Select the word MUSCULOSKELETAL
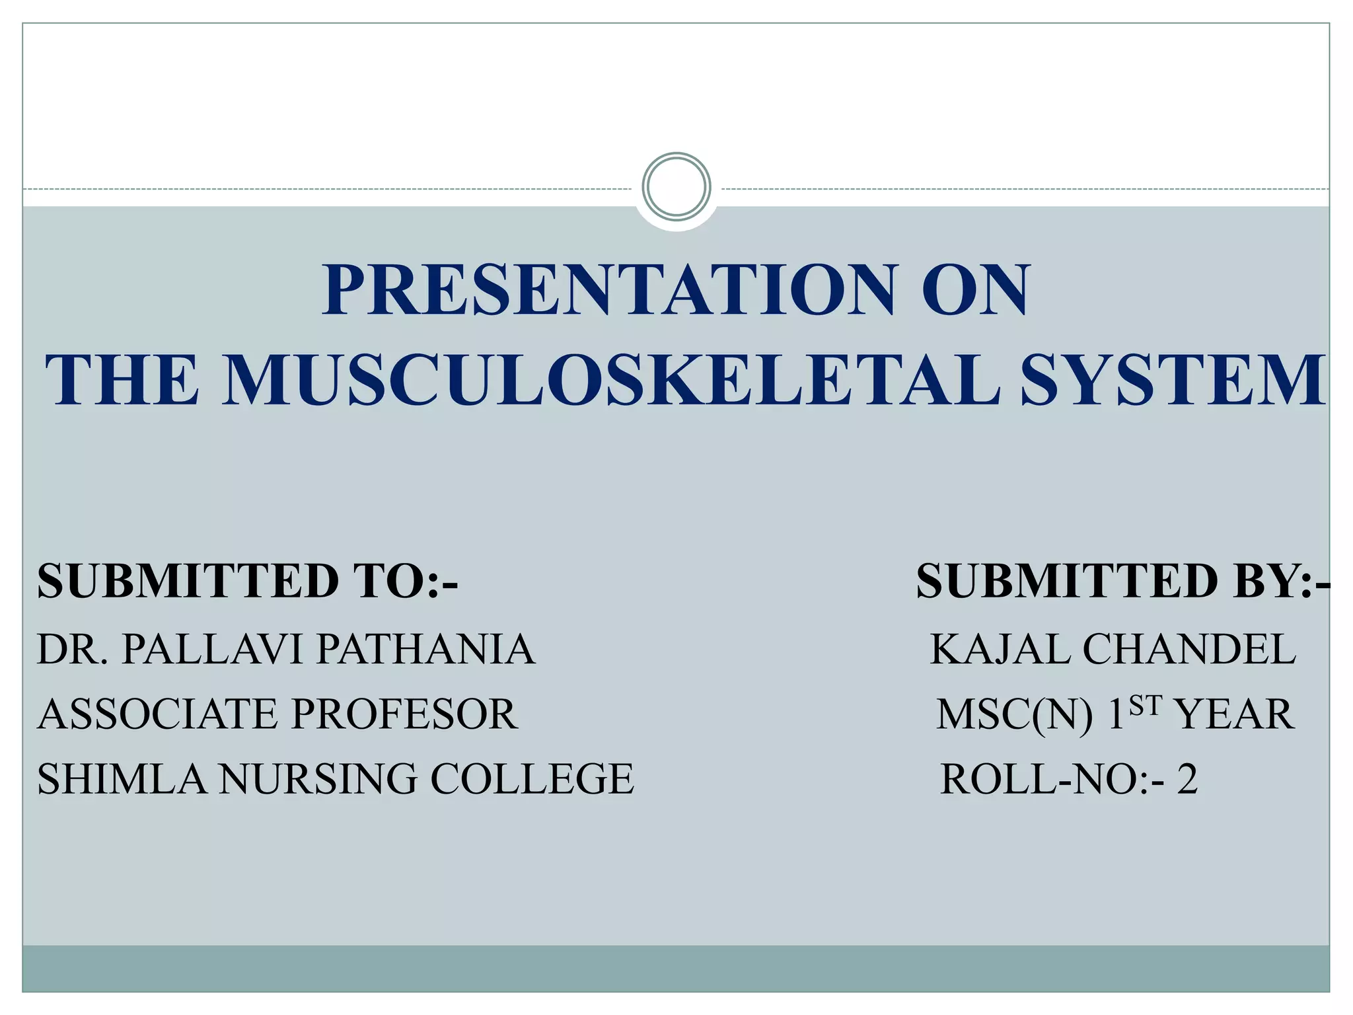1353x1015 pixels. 611,380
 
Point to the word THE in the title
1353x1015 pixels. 122,380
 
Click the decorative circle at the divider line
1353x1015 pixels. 676,187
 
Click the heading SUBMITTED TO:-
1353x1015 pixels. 248,582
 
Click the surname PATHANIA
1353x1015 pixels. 426,650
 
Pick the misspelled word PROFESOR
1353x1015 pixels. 404,715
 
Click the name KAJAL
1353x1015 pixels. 1000,650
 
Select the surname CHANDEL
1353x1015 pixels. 1189,650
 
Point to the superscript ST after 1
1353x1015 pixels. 1144,706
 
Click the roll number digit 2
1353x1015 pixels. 1187,780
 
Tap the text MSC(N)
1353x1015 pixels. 1014,715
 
